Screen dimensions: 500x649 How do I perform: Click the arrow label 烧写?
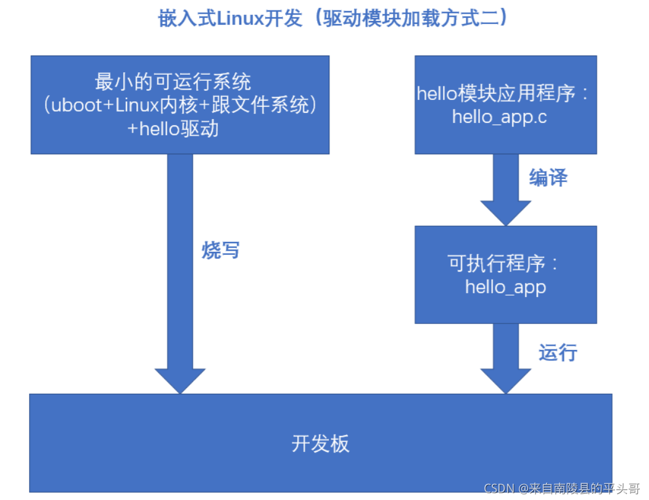pos(220,250)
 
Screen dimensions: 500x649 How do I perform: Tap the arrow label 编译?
pos(548,178)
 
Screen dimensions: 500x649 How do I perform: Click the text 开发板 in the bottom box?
pos(320,444)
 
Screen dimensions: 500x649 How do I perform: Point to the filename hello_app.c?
pos(500,117)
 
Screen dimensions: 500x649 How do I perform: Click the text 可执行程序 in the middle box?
pos(497,264)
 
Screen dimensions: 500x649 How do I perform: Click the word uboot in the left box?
pos(75,106)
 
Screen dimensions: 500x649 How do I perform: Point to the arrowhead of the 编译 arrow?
pos(505,213)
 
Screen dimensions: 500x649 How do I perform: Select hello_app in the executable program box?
pos(505,287)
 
